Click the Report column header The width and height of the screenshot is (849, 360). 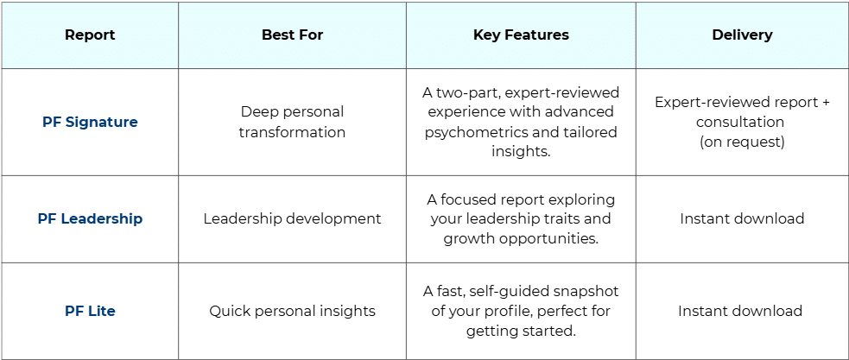90,35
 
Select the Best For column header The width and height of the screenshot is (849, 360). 293,35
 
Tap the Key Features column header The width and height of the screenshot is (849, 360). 521,35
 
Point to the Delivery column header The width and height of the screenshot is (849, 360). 742,35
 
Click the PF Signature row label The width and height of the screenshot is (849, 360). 90,122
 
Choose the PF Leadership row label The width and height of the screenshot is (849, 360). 90,218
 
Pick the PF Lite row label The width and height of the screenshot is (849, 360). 90,312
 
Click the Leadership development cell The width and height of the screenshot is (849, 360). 293,218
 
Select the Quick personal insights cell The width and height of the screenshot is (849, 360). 293,312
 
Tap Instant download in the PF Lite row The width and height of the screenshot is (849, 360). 740,312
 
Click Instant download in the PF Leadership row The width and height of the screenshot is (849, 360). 742,218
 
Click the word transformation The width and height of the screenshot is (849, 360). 293,132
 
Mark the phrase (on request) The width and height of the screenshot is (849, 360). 742,142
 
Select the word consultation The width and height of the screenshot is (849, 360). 742,122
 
